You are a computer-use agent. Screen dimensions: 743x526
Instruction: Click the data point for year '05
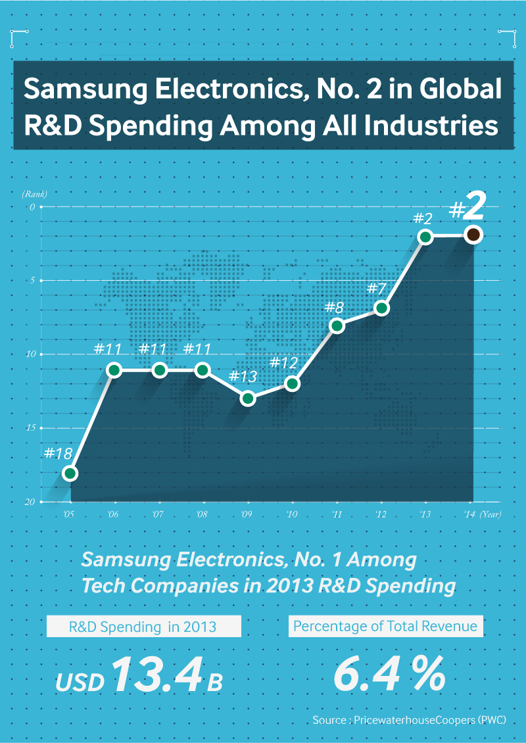(70, 473)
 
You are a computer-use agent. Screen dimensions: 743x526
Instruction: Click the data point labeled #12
(292, 383)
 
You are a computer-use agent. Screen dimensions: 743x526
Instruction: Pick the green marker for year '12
(381, 308)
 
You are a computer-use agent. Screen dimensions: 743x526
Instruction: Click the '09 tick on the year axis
(247, 515)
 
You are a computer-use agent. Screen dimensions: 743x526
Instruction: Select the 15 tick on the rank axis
(30, 429)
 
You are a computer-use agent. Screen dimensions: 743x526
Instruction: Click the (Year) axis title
(490, 515)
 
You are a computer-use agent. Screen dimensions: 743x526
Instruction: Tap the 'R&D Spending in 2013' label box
(143, 627)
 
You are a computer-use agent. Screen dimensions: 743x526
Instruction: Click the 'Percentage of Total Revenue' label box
(385, 626)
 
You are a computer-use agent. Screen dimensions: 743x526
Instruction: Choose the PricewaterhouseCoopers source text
(408, 720)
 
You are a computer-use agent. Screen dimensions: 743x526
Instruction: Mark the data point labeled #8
(337, 325)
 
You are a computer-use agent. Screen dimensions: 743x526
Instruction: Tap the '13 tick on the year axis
(425, 515)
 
